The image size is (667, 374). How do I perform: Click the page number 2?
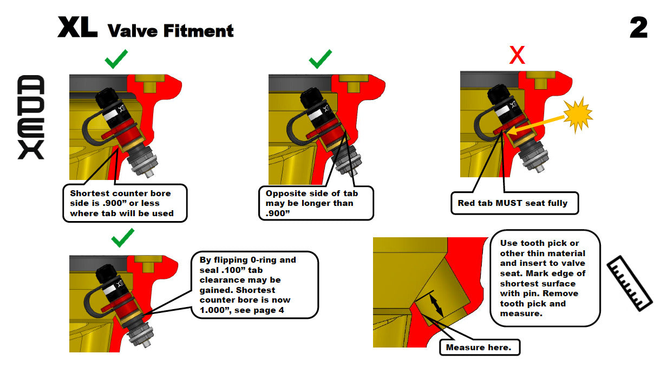tap(638, 28)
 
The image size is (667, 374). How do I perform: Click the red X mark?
tap(517, 55)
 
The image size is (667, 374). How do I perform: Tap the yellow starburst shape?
tap(578, 114)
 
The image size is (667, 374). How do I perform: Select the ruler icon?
tap(630, 283)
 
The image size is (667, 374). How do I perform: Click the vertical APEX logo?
tap(31, 117)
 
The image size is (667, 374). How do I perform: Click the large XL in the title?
tap(77, 28)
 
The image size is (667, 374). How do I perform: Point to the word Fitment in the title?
tap(198, 31)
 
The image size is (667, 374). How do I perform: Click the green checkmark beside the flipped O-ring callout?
tap(123, 238)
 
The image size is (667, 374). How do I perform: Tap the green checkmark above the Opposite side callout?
tap(320, 59)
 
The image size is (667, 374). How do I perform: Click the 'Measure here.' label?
tap(479, 347)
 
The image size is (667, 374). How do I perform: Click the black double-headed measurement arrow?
tap(436, 306)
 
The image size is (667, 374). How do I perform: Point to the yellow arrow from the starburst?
tap(535, 125)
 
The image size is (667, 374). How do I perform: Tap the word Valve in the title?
tap(133, 31)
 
